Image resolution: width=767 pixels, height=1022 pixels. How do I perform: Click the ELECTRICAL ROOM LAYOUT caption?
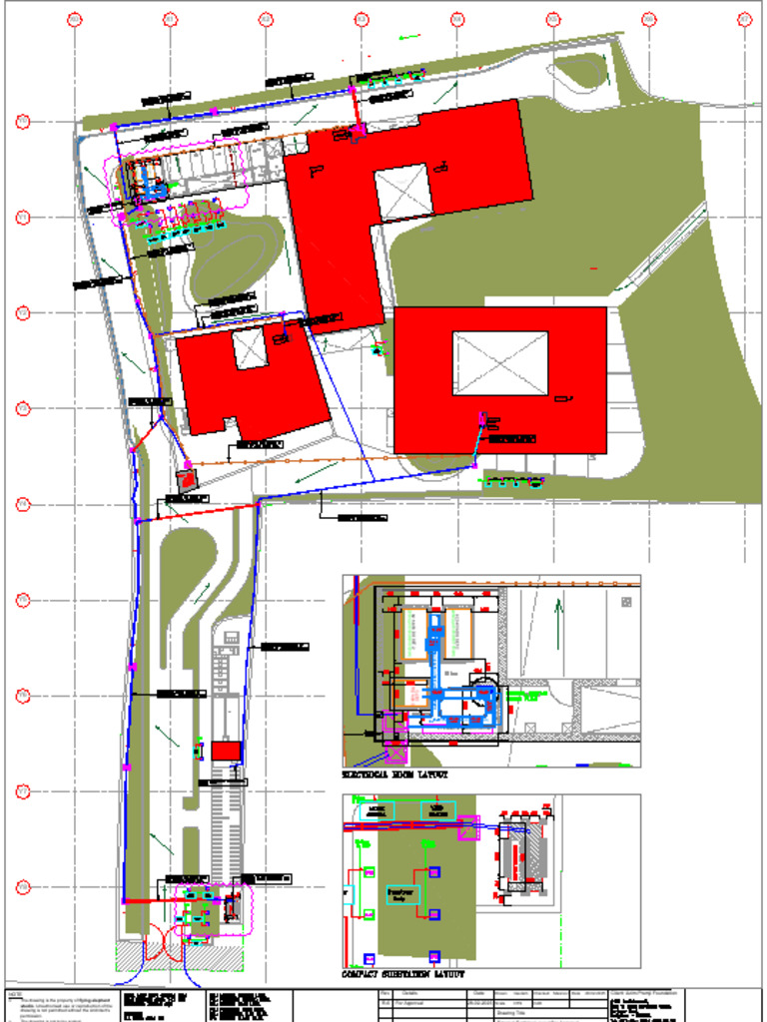396,774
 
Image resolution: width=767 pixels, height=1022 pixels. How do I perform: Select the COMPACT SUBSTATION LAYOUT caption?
403,974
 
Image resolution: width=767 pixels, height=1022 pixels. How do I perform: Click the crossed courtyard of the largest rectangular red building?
500,363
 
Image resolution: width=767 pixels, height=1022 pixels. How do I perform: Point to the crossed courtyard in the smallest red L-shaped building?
250,348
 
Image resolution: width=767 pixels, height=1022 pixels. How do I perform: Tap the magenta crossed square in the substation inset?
468,827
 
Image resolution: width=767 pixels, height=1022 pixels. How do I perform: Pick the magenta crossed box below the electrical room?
393,752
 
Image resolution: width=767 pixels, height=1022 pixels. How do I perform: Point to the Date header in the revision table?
479,994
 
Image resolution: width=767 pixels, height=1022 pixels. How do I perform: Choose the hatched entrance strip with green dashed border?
180,957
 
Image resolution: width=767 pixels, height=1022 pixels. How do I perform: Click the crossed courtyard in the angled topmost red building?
401,191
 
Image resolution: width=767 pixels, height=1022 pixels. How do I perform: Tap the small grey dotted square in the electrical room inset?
626,602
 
